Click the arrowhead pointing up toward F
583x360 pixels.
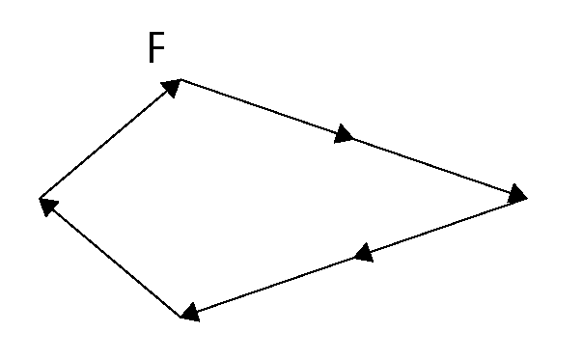(x=171, y=88)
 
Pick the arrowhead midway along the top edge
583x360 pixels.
(x=344, y=134)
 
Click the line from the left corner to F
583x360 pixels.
(x=106, y=142)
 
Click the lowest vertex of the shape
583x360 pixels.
(x=181, y=316)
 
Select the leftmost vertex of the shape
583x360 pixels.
(x=40, y=200)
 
